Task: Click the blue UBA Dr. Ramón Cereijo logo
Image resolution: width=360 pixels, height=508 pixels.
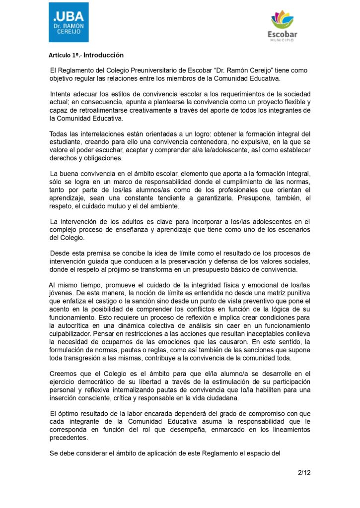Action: (x=69, y=22)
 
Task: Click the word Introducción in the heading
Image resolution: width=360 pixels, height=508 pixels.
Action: (x=103, y=55)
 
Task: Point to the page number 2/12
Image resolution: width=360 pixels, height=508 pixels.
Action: (x=304, y=472)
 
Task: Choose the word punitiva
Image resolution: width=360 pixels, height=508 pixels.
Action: (x=297, y=293)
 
